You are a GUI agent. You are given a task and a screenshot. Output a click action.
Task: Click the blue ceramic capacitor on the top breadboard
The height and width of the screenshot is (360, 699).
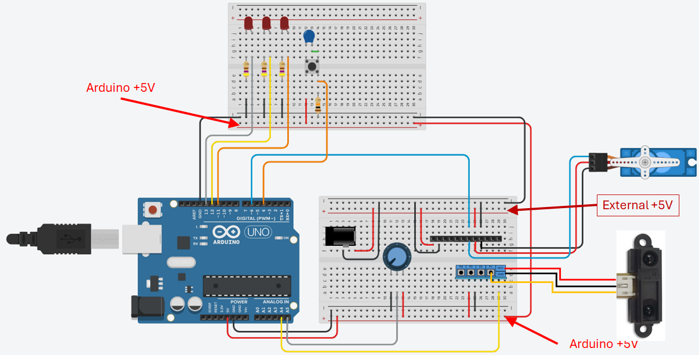[309, 37]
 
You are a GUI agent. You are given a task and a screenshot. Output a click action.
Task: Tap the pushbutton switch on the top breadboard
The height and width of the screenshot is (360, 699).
[312, 67]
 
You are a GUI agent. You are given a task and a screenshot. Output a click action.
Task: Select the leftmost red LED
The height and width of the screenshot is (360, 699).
[248, 23]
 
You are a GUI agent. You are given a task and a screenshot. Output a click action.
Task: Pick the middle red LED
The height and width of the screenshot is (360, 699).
[266, 23]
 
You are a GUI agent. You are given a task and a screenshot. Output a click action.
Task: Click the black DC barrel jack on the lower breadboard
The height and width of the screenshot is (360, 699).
[340, 237]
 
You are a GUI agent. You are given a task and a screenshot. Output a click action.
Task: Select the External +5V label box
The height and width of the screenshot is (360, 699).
[637, 205]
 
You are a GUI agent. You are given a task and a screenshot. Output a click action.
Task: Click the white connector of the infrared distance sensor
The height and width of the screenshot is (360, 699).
[623, 281]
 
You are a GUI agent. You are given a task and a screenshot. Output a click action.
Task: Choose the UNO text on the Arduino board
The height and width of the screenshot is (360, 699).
[257, 232]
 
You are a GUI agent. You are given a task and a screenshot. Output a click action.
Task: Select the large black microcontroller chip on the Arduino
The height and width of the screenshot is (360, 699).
[247, 285]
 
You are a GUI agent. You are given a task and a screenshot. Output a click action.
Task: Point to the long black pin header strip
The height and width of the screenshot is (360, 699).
[466, 239]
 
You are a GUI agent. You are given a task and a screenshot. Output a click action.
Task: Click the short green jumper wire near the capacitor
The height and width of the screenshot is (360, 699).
[315, 51]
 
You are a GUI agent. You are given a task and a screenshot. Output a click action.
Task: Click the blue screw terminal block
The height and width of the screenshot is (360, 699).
[481, 271]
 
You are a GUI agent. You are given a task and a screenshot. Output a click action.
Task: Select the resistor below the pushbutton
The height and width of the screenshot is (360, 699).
[318, 104]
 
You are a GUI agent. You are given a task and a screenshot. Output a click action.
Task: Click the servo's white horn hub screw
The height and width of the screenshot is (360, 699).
[645, 162]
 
